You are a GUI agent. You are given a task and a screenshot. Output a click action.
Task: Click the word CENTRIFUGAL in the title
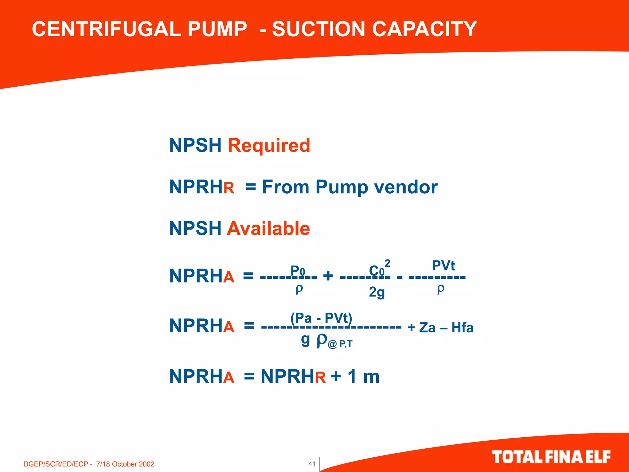coord(106,29)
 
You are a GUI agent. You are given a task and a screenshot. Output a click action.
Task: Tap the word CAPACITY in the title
coord(424,29)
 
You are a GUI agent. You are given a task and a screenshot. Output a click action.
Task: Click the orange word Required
coord(269,145)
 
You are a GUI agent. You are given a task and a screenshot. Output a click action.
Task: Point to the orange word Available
coord(268,229)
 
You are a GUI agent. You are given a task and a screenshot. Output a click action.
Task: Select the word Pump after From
coord(342,187)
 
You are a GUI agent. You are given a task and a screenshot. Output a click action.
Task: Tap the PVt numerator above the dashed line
coord(443,265)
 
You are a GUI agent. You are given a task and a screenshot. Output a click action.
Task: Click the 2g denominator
coord(377,292)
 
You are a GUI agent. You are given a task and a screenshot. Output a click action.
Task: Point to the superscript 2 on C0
coord(387,263)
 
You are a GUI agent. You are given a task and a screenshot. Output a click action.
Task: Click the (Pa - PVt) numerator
coord(321,318)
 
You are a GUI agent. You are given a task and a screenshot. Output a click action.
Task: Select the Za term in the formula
coord(427,328)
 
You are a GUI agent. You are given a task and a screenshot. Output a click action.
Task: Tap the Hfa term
coord(462,328)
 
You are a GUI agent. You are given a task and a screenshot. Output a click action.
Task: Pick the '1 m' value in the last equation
coord(364,376)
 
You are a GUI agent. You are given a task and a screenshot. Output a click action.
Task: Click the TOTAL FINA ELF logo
coord(551,457)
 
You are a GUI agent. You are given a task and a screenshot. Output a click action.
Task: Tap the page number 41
coord(312,464)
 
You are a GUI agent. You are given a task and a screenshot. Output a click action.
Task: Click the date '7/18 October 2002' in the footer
coord(125,464)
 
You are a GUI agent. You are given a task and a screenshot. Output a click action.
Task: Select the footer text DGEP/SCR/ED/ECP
coord(56,464)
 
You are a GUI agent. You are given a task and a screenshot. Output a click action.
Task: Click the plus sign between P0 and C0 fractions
coord(328,275)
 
